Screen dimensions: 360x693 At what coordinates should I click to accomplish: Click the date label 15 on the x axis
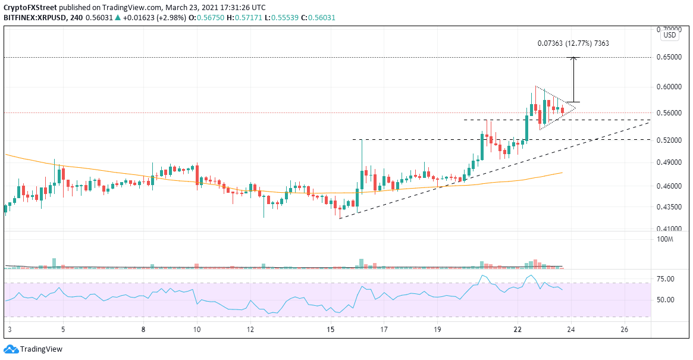pyautogui.click(x=331, y=329)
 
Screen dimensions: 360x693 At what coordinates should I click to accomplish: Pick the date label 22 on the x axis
pyautogui.click(x=518, y=329)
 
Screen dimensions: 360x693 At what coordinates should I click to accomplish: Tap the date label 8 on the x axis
pyautogui.click(x=144, y=329)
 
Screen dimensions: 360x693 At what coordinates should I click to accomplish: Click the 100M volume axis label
pyautogui.click(x=665, y=239)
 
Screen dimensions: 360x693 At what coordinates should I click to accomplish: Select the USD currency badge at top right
pyautogui.click(x=670, y=35)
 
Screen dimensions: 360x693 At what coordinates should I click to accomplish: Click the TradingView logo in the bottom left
pyautogui.click(x=33, y=349)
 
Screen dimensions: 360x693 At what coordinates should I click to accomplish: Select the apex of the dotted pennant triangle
pyautogui.click(x=576, y=108)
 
